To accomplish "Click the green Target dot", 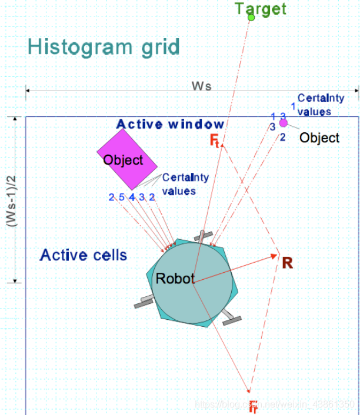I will tap(251, 18).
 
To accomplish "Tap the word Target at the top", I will tap(261, 8).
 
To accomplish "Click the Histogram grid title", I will tap(104, 46).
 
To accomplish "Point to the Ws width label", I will tap(202, 86).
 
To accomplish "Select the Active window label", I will tap(170, 124).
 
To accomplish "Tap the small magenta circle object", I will tap(283, 123).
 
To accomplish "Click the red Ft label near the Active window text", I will tap(215, 140).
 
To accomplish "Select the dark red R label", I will tap(287, 262).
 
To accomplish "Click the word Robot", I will tap(174, 279).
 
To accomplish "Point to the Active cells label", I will tap(84, 255).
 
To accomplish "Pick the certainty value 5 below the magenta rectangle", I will tap(121, 197).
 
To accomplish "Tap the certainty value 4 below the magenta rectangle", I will tap(132, 197).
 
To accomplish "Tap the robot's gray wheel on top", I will tap(203, 237).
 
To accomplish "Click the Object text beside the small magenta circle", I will tap(319, 138).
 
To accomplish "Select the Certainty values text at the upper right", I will tap(320, 105).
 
